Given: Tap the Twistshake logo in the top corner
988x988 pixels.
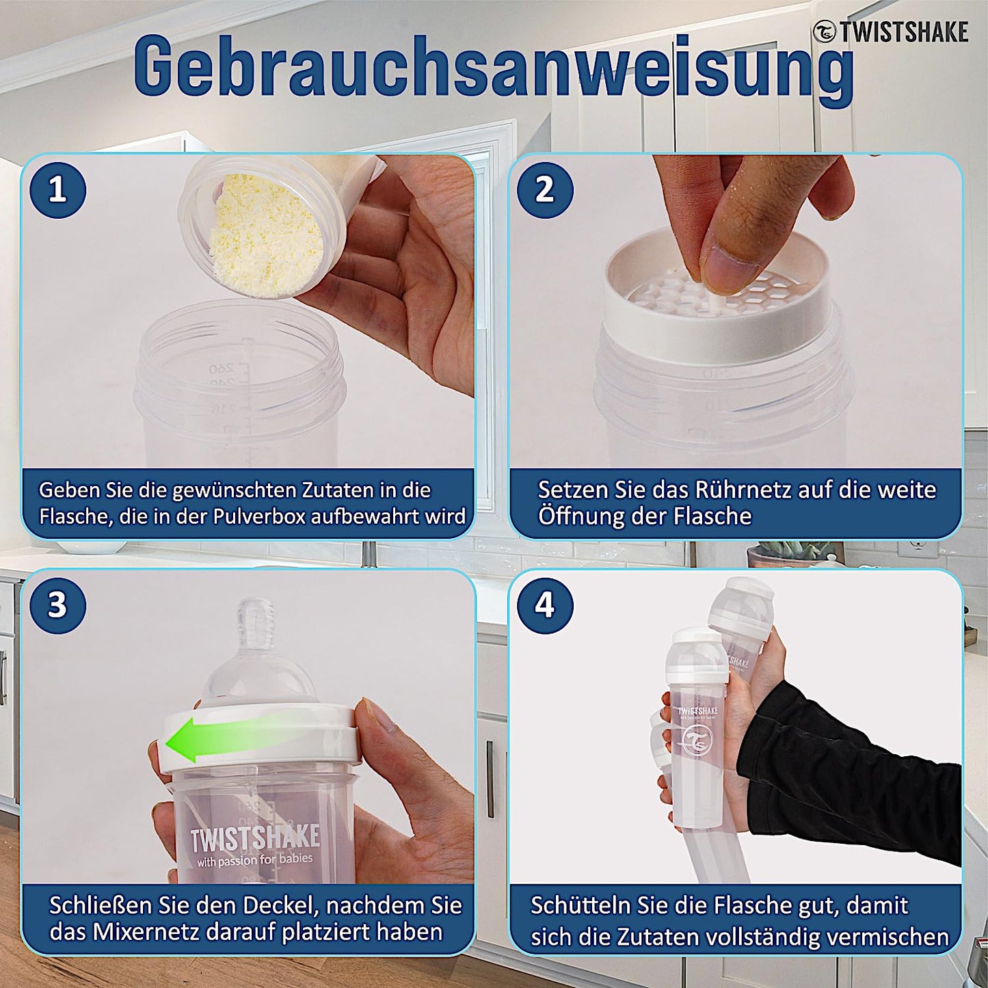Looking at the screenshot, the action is [891, 31].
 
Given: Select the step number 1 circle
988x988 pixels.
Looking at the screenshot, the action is [58, 190].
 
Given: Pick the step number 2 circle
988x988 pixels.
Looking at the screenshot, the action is [544, 190].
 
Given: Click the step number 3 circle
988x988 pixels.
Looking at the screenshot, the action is [58, 606].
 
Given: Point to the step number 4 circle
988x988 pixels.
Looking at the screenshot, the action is [544, 606].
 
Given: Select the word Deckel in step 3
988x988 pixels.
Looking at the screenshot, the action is [277, 906].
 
